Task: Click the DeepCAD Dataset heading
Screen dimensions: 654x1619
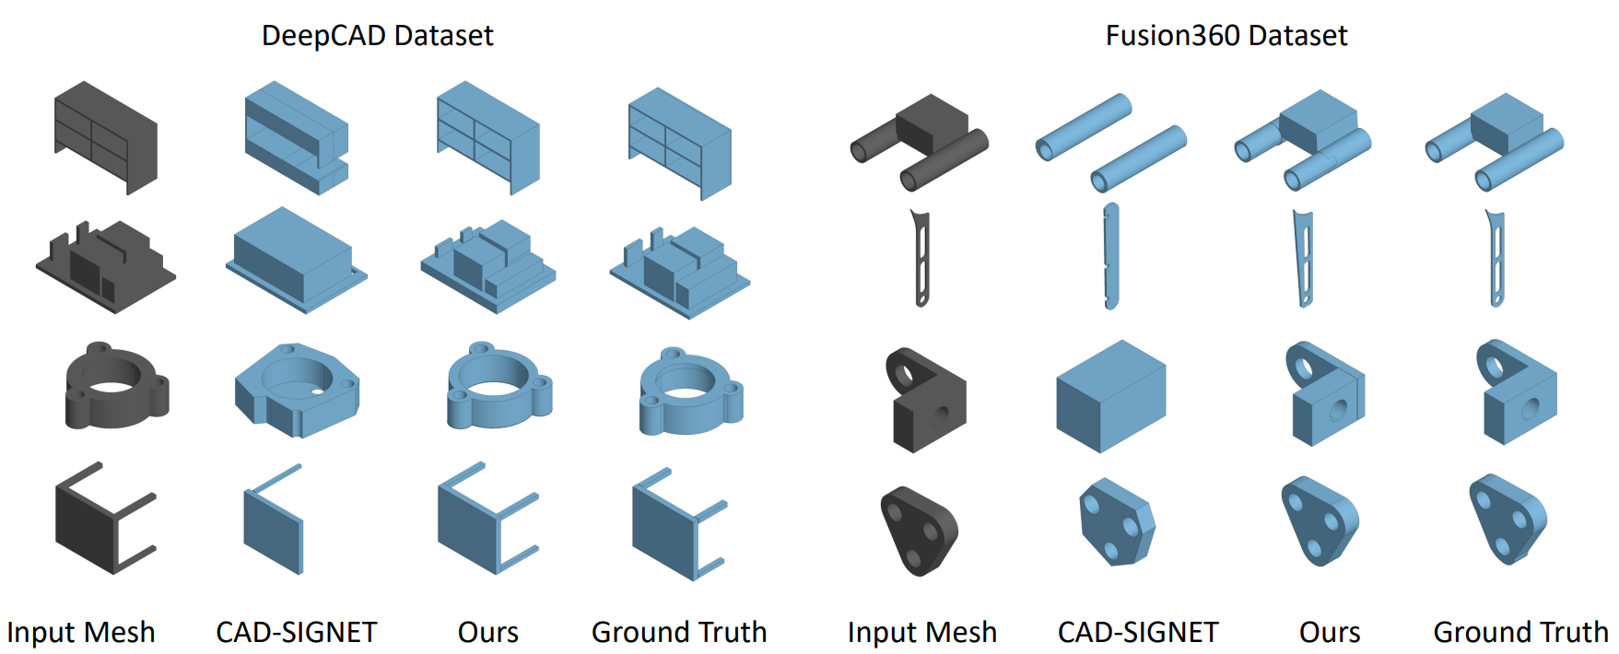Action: point(377,36)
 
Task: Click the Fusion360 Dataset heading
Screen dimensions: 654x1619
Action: point(1226,36)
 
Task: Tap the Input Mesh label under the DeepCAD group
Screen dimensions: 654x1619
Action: point(81,632)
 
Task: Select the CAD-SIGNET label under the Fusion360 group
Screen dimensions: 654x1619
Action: point(1137,632)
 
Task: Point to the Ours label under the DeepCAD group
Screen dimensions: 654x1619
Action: point(487,632)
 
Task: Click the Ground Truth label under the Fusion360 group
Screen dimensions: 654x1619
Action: point(1520,632)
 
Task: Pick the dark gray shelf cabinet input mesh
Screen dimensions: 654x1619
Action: point(106,137)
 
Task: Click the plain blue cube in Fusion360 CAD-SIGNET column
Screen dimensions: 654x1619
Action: point(1110,395)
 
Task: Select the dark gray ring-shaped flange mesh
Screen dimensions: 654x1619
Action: point(116,387)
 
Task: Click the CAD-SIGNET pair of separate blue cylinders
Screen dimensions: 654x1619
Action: point(1110,143)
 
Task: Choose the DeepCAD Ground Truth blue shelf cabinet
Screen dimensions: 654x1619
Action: point(680,143)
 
